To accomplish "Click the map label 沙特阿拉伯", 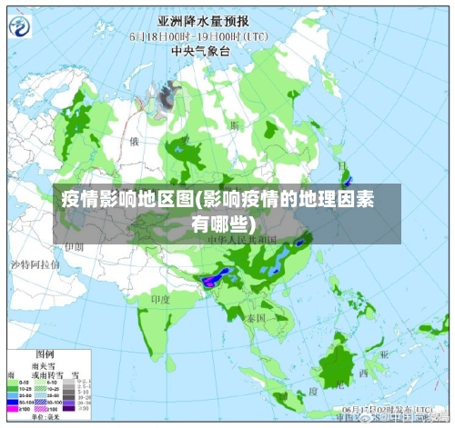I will pos(35,264).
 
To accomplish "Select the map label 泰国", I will pos(256,319).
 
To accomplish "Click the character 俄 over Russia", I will pos(134,142).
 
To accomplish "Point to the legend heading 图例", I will pos(44,353).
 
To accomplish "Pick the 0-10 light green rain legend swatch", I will pos(13,383).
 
